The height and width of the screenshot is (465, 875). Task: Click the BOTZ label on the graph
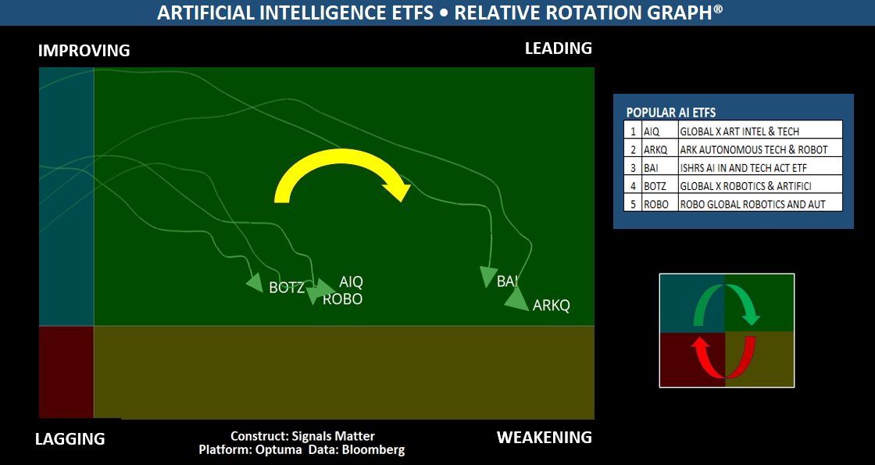pos(287,288)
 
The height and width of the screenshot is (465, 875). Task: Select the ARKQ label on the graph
pos(552,306)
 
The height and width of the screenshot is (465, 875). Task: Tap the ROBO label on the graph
pos(343,299)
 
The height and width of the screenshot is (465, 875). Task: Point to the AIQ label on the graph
pos(351,282)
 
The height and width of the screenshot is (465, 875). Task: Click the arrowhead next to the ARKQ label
pos(516,299)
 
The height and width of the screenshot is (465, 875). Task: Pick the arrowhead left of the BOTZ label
pos(255,283)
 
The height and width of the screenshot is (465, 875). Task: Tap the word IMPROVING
pos(84,51)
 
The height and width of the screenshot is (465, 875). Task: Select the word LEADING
pos(559,48)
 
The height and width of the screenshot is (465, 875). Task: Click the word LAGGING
pos(70,438)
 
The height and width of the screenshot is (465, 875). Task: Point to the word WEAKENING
pos(545,437)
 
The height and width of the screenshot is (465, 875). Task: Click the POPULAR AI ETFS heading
pos(671,113)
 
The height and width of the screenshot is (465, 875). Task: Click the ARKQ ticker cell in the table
pos(659,149)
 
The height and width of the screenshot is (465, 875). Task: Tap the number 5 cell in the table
pos(633,204)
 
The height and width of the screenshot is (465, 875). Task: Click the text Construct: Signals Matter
pos(302,436)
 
